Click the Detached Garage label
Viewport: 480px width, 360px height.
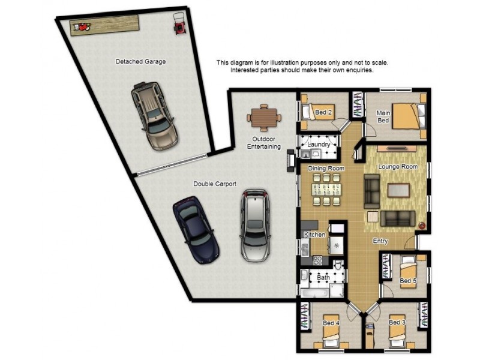tap(140, 62)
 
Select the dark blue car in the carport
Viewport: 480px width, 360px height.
tap(196, 230)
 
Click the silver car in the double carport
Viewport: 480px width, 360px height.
tap(255, 225)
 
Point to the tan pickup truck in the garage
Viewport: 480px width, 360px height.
tap(155, 116)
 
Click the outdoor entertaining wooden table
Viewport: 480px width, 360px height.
tap(264, 118)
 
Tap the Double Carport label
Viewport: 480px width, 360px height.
tap(215, 184)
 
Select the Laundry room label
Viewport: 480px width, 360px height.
tap(319, 145)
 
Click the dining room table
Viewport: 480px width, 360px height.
tap(326, 190)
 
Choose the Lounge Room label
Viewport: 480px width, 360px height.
tap(398, 167)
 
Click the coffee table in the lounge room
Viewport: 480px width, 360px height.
tap(398, 190)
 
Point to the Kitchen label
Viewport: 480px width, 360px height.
tap(314, 235)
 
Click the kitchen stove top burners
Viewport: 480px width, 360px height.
tap(317, 260)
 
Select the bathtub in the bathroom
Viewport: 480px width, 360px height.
tap(314, 293)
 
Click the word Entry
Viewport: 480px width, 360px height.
tap(380, 241)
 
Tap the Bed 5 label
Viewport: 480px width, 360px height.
tap(408, 280)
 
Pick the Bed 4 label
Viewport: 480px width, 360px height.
tap(331, 323)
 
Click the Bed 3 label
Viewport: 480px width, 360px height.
tap(397, 322)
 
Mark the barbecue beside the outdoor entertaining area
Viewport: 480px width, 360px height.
tap(291, 160)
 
